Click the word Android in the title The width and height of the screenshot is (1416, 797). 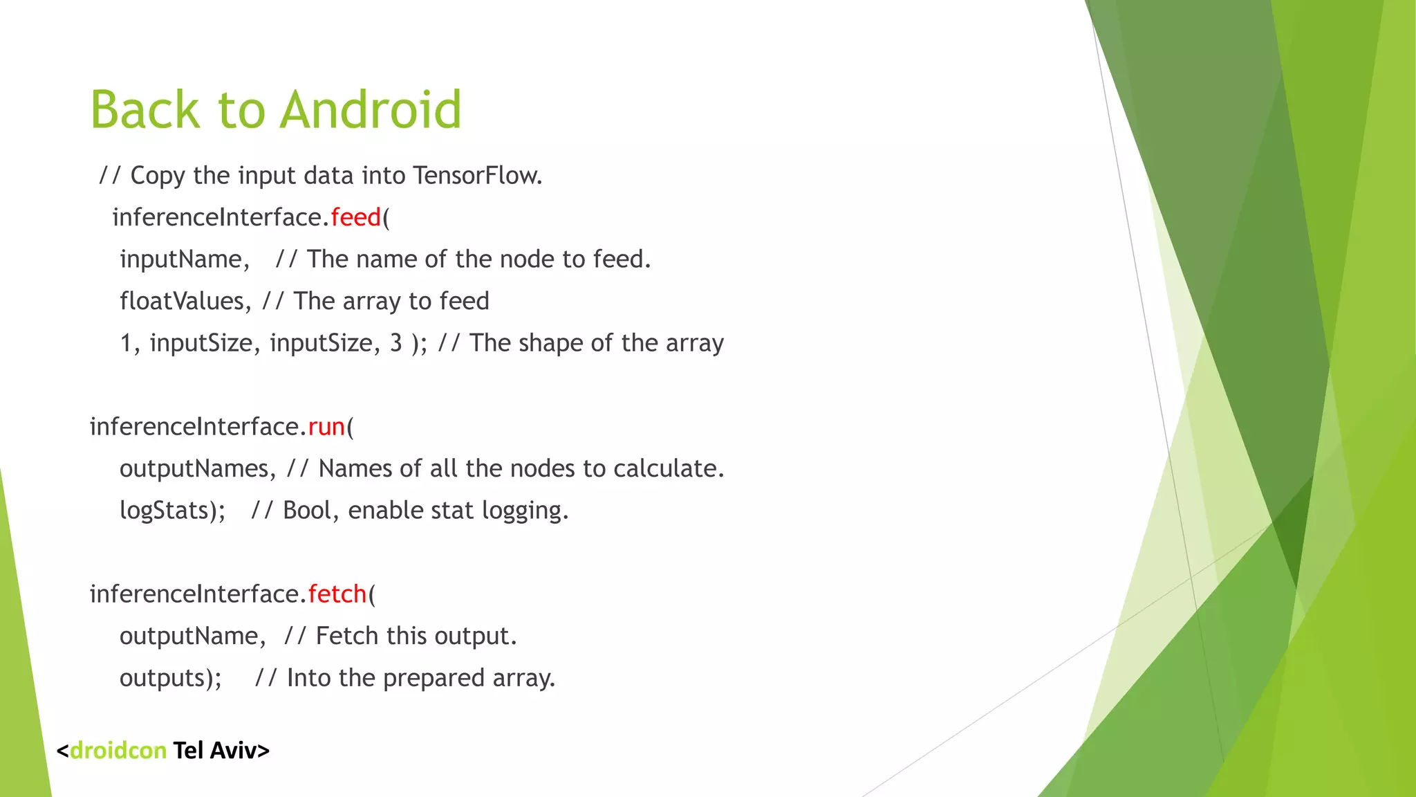pos(371,110)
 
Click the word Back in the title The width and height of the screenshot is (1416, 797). pos(145,110)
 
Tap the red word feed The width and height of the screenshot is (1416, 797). pos(356,217)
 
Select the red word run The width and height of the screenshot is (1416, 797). pos(326,427)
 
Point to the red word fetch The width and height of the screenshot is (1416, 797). pos(337,594)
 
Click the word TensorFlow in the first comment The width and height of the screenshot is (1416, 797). pos(476,176)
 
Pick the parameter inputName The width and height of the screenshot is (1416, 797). pos(183,259)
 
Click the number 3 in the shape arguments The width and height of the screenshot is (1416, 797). pos(396,343)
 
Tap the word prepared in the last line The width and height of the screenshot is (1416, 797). pos(434,678)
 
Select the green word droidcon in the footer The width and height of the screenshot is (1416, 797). pos(118,751)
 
